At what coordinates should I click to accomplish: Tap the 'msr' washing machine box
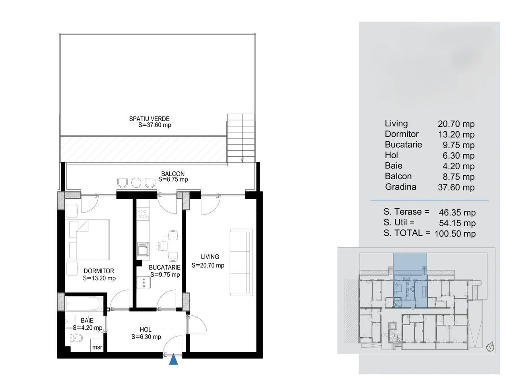pos(97,345)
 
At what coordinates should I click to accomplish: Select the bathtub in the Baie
pos(84,304)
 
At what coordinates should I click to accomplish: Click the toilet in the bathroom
pos(76,338)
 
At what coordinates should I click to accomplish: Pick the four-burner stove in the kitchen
pos(143,214)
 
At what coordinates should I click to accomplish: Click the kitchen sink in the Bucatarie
pos(143,250)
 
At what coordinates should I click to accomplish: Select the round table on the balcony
pos(136,182)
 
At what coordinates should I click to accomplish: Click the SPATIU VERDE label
pos(149,119)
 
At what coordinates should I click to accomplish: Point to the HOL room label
pos(146,330)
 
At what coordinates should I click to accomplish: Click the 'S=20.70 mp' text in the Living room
pos(208,265)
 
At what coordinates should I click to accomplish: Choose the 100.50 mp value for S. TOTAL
pos(455,234)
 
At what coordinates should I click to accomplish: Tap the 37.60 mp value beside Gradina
pos(456,187)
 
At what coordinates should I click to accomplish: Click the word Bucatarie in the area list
pos(403,144)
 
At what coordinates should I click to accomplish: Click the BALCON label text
pos(173,174)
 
